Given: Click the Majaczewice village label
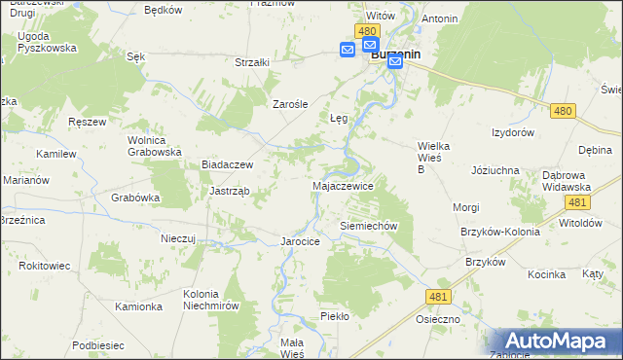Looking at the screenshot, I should click(342, 185).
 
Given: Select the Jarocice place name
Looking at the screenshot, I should click(300, 241).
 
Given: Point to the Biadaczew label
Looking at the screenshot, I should click(227, 165).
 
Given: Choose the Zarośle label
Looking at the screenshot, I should click(290, 104).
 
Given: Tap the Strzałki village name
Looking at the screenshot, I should click(252, 62).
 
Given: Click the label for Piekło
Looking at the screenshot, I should click(334, 316).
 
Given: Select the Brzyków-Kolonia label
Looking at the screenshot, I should click(500, 233).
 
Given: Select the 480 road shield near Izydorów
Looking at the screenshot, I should click(561, 112).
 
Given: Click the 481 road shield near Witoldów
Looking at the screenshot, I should click(576, 201).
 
